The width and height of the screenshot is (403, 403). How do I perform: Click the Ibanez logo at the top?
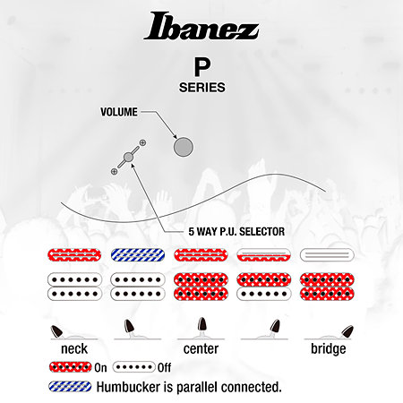[x=201, y=26]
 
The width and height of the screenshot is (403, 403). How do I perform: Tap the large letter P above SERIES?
[x=202, y=67]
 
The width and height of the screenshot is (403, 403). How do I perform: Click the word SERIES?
[x=202, y=88]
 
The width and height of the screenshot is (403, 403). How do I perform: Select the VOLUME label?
[x=119, y=112]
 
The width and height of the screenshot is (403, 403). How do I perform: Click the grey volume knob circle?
[x=184, y=147]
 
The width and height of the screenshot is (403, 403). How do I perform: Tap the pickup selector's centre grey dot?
[x=128, y=157]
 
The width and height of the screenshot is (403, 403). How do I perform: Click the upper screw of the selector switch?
[x=142, y=142]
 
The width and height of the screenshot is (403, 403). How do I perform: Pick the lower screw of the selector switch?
[x=114, y=171]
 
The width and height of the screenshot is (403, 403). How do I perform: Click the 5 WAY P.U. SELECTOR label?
[x=236, y=232]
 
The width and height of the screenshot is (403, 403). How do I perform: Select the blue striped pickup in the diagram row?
[x=138, y=255]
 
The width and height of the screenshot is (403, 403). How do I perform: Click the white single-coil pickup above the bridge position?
[x=327, y=255]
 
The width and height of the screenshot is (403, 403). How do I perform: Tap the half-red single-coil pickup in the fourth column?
[x=264, y=255]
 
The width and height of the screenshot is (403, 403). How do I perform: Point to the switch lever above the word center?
[x=201, y=325]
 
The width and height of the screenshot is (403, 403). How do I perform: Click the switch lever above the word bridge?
[x=347, y=332]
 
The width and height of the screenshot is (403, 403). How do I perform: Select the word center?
[x=201, y=349]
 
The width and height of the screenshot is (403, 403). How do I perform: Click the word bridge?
[x=329, y=349]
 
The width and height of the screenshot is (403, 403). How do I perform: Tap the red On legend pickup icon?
[x=71, y=367]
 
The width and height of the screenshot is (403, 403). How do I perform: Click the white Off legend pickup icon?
[x=134, y=367]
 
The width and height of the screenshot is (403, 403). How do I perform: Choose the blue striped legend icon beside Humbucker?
[x=70, y=386]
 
